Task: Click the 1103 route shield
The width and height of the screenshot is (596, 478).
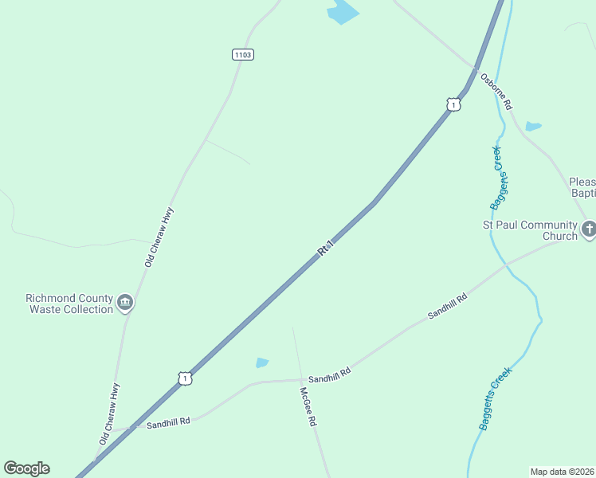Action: [x=243, y=54]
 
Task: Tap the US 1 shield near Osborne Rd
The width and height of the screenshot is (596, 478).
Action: [x=453, y=104]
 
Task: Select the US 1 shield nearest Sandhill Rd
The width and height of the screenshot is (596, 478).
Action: [x=185, y=378]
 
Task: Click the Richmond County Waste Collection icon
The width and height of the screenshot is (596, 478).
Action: [x=125, y=303]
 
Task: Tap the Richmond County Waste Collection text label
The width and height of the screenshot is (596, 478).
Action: [x=69, y=304]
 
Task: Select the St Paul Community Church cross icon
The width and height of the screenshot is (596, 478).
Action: [x=589, y=230]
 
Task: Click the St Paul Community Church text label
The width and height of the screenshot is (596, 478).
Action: [x=530, y=230]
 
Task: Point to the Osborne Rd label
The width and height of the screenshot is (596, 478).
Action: [x=496, y=91]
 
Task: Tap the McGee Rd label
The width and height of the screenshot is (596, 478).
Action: [x=308, y=406]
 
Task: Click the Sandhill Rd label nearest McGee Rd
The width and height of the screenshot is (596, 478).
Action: [x=329, y=374]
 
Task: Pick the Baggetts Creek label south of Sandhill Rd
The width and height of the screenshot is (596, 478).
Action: [x=495, y=398]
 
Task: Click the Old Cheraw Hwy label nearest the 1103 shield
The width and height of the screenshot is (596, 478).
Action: [x=159, y=237]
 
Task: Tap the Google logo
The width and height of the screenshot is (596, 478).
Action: [x=26, y=468]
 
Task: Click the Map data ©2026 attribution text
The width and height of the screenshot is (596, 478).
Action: [x=562, y=472]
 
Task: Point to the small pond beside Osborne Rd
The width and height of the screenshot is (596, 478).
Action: [x=533, y=126]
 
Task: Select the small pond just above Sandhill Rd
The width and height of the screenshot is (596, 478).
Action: [x=262, y=362]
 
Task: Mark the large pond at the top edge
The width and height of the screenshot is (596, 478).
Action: [x=343, y=12]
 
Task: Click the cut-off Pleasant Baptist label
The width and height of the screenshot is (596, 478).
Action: [x=582, y=187]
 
